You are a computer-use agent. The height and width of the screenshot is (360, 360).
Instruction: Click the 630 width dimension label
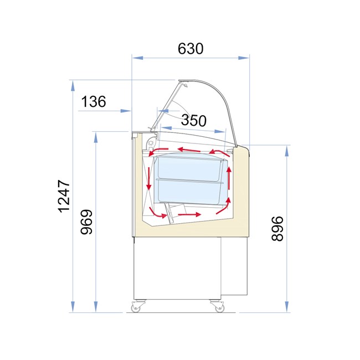pos(191,48)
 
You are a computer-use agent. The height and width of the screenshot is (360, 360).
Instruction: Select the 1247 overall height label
pos(64,196)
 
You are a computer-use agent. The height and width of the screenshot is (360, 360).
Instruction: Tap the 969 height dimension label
pos(86,222)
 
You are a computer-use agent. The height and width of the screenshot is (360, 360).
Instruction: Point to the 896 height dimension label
pos(277,228)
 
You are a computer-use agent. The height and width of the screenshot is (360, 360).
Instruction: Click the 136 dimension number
pos(94,101)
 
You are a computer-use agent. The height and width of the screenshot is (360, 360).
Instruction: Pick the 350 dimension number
pos(194,120)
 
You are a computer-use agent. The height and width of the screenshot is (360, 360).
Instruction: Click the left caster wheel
pos(136,308)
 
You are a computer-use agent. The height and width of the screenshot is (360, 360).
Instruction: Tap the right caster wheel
pos(219,308)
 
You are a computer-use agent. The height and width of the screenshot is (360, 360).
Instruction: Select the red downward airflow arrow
pos(149,178)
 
